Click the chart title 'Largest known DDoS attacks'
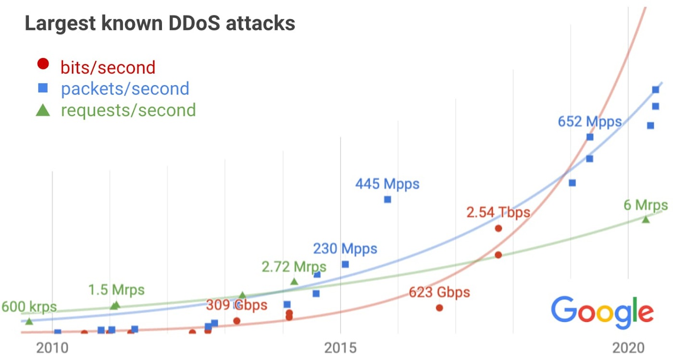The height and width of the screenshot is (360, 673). [160, 24]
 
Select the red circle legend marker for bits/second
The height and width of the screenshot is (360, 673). [43, 63]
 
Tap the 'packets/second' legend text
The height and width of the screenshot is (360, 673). [125, 88]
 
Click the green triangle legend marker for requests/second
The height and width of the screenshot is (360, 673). [43, 110]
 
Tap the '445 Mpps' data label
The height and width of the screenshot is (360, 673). [387, 184]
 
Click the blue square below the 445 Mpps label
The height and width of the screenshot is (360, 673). [387, 199]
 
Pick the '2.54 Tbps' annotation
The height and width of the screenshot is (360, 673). [498, 212]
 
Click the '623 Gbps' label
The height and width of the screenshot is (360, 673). [439, 292]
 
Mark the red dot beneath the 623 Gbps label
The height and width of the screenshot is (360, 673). [439, 308]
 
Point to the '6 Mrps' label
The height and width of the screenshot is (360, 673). [646, 205]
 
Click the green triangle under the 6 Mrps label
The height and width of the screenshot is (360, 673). [646, 219]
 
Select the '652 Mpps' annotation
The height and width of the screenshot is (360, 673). [589, 122]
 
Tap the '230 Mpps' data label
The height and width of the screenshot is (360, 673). [345, 249]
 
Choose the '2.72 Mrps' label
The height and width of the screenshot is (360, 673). [294, 266]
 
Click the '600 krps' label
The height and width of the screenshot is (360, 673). [29, 307]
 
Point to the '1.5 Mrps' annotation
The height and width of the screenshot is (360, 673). [116, 290]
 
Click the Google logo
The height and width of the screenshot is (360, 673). [602, 312]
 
